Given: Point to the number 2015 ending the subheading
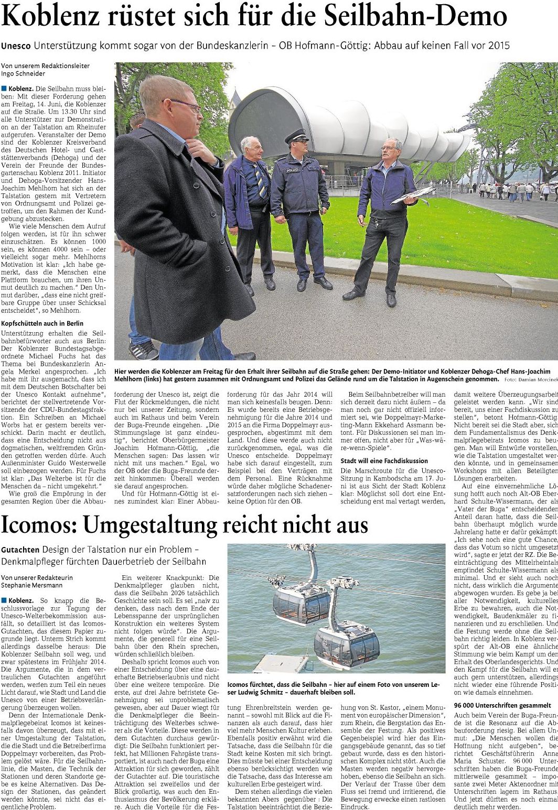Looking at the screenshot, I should click(x=498, y=46).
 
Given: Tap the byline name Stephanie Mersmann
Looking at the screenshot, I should click(x=31, y=585).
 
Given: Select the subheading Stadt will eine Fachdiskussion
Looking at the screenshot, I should click(x=384, y=461).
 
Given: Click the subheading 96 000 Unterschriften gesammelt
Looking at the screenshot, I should click(x=502, y=705).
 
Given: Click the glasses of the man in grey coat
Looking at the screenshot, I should click(x=188, y=105).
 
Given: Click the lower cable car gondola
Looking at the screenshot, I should click(x=347, y=648).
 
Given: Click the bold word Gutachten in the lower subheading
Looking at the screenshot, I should click(x=20, y=551).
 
